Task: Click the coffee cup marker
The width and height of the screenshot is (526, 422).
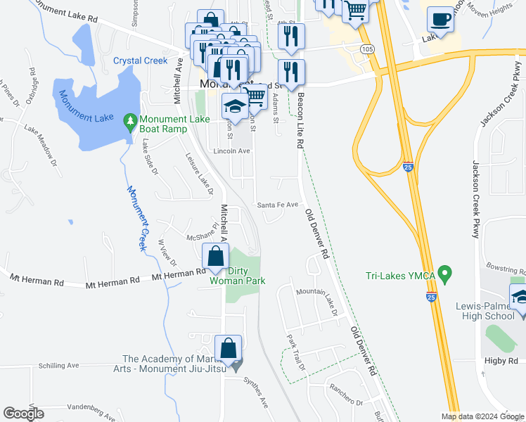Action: (440, 20)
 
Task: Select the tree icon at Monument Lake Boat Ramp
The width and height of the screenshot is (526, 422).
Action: (129, 122)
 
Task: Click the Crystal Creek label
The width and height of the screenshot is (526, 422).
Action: (141, 61)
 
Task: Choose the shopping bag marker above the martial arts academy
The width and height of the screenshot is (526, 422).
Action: (229, 348)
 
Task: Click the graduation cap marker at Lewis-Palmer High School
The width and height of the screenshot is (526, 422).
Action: (520, 298)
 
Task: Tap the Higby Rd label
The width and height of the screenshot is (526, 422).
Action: (501, 360)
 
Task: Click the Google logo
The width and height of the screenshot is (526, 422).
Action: (24, 414)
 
